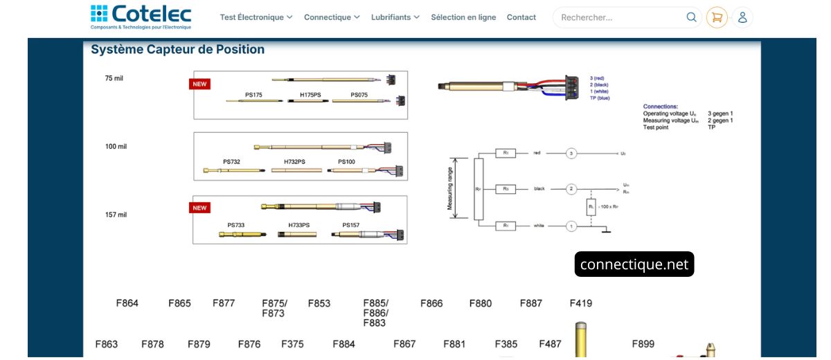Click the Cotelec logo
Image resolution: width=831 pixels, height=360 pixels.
click(141, 17)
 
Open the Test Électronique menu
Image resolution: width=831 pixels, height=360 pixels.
click(256, 17)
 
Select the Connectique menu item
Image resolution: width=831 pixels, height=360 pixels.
click(331, 17)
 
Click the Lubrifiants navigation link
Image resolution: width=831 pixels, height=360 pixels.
click(395, 17)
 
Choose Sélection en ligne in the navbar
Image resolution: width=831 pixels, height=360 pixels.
click(463, 17)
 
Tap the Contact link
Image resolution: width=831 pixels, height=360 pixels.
click(521, 17)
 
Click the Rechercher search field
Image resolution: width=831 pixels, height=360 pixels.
click(620, 17)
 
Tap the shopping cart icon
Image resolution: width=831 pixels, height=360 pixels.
click(717, 17)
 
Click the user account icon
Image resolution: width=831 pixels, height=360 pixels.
click(742, 17)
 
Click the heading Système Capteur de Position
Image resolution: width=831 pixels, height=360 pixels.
click(177, 50)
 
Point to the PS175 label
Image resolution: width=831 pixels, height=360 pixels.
click(253, 95)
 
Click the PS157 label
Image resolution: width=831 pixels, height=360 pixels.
click(350, 225)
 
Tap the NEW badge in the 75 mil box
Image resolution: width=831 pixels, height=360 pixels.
click(199, 84)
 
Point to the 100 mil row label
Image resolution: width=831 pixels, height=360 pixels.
click(116, 147)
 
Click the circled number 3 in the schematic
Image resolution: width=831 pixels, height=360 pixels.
click(571, 153)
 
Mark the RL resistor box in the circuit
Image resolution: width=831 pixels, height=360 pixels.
click(591, 206)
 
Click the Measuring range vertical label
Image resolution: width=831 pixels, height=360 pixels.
click(450, 188)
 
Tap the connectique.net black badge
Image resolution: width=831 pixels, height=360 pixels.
click(634, 264)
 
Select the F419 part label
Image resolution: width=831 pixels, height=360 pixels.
click(580, 303)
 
